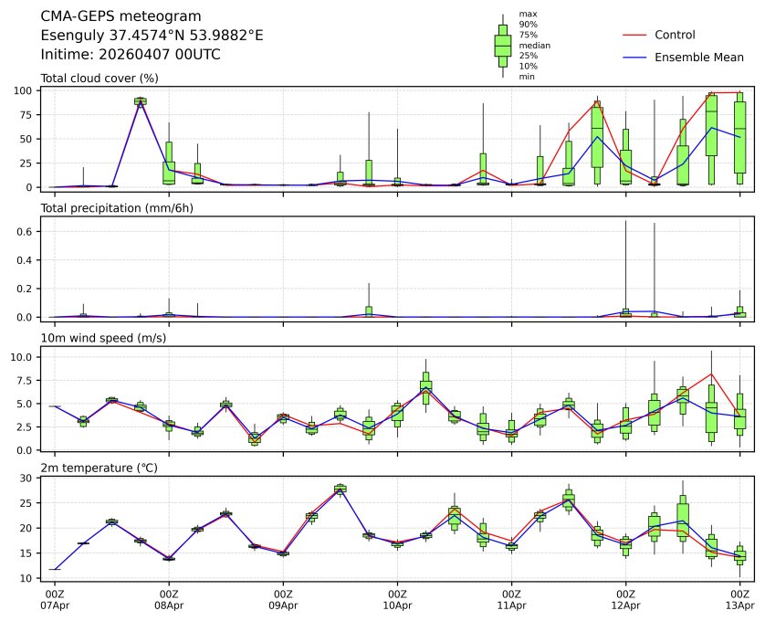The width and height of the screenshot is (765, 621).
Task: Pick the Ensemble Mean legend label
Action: (x=699, y=58)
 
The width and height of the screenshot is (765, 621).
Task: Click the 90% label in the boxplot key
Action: (x=528, y=25)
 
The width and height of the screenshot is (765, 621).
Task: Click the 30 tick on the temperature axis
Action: (x=27, y=479)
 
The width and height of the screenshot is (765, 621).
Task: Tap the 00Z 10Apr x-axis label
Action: (x=397, y=599)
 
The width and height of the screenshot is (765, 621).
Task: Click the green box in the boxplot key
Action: (x=503, y=45)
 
